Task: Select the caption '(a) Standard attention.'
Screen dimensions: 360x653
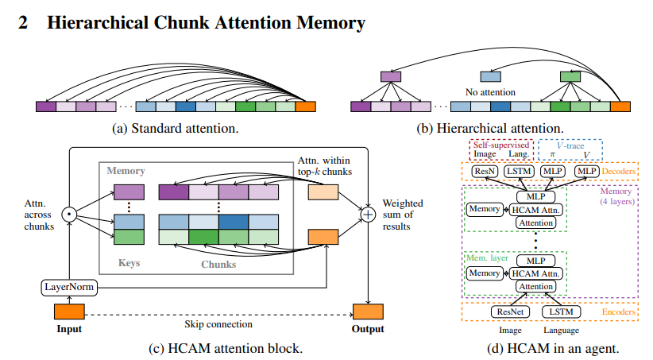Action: coord(176,127)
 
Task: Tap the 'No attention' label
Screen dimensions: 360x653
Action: coord(491,91)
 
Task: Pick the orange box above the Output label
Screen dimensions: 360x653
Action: coord(369,312)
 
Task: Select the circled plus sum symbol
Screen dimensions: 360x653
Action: coord(368,214)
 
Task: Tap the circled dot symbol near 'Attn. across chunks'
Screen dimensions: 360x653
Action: coord(69,214)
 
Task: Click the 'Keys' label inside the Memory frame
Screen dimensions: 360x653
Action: coord(129,260)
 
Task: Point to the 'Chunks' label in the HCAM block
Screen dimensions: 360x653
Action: coord(218,260)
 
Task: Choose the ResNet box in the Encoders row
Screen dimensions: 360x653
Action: coord(509,312)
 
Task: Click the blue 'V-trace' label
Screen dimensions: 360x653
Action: coord(570,145)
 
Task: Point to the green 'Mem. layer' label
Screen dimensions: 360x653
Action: coord(485,257)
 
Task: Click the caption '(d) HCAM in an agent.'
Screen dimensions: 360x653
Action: coord(552,347)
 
